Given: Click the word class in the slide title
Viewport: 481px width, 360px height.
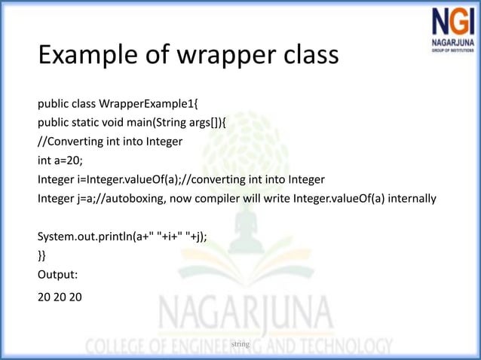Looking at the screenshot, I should click(x=299, y=55).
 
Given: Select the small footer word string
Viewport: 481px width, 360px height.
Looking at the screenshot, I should click(x=240, y=344).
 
